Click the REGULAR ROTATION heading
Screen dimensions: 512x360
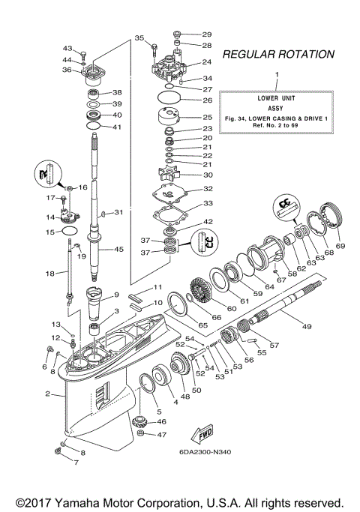[279, 54]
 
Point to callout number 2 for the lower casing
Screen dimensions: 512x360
[48, 394]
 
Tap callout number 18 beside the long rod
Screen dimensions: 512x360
[50, 274]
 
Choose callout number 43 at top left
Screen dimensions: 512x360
[67, 48]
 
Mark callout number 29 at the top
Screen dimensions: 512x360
[206, 34]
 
